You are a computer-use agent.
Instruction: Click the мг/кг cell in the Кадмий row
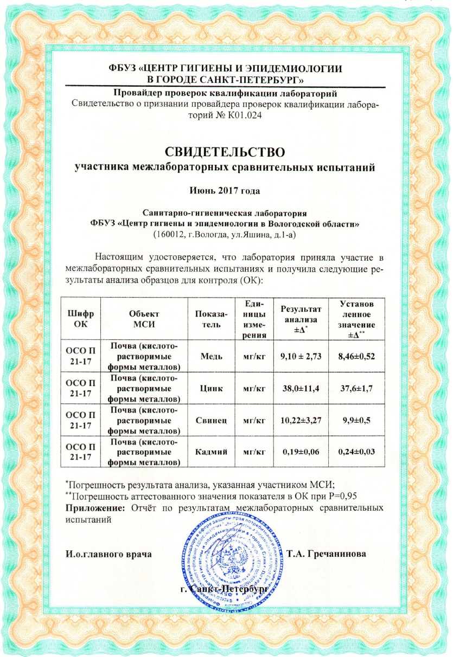point(254,452)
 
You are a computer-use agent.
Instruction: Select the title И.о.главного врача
point(109,555)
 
